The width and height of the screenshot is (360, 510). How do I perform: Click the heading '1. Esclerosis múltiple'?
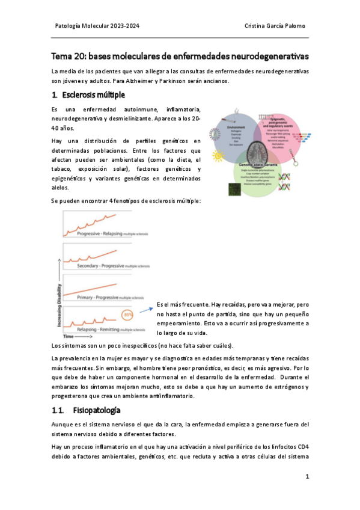88,95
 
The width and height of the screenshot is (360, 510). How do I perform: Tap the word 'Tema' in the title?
61,56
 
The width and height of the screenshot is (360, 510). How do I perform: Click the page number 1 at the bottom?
307,476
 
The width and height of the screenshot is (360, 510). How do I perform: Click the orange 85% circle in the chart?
127,314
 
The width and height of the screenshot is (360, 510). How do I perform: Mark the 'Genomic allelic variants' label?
260,164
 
